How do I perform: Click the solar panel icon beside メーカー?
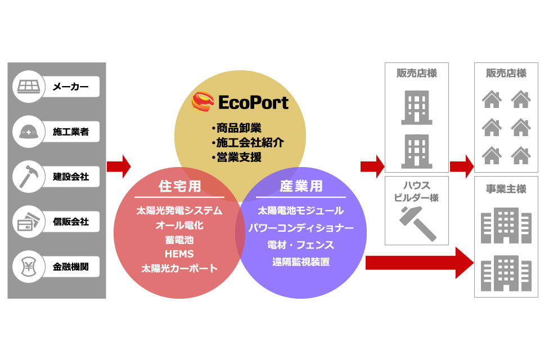point(29,86)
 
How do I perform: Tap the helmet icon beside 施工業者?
point(29,132)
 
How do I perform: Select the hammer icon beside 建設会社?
point(29,177)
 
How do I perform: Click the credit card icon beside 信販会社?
point(28,221)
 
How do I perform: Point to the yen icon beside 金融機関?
point(29,267)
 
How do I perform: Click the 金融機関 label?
point(71,267)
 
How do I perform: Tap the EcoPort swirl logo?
point(202,102)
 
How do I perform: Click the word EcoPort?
point(254,103)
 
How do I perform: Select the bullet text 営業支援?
point(238,157)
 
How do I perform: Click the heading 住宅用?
point(179,186)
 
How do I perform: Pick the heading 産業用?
point(301,186)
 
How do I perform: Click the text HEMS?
point(179,254)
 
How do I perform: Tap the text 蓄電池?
point(179,240)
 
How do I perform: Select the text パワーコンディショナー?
point(301,228)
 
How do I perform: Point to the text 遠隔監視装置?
point(301,262)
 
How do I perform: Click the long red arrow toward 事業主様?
point(420,263)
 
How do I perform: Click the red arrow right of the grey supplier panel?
point(119,166)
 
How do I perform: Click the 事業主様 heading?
point(506,189)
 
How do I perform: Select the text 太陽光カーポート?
point(179,268)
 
